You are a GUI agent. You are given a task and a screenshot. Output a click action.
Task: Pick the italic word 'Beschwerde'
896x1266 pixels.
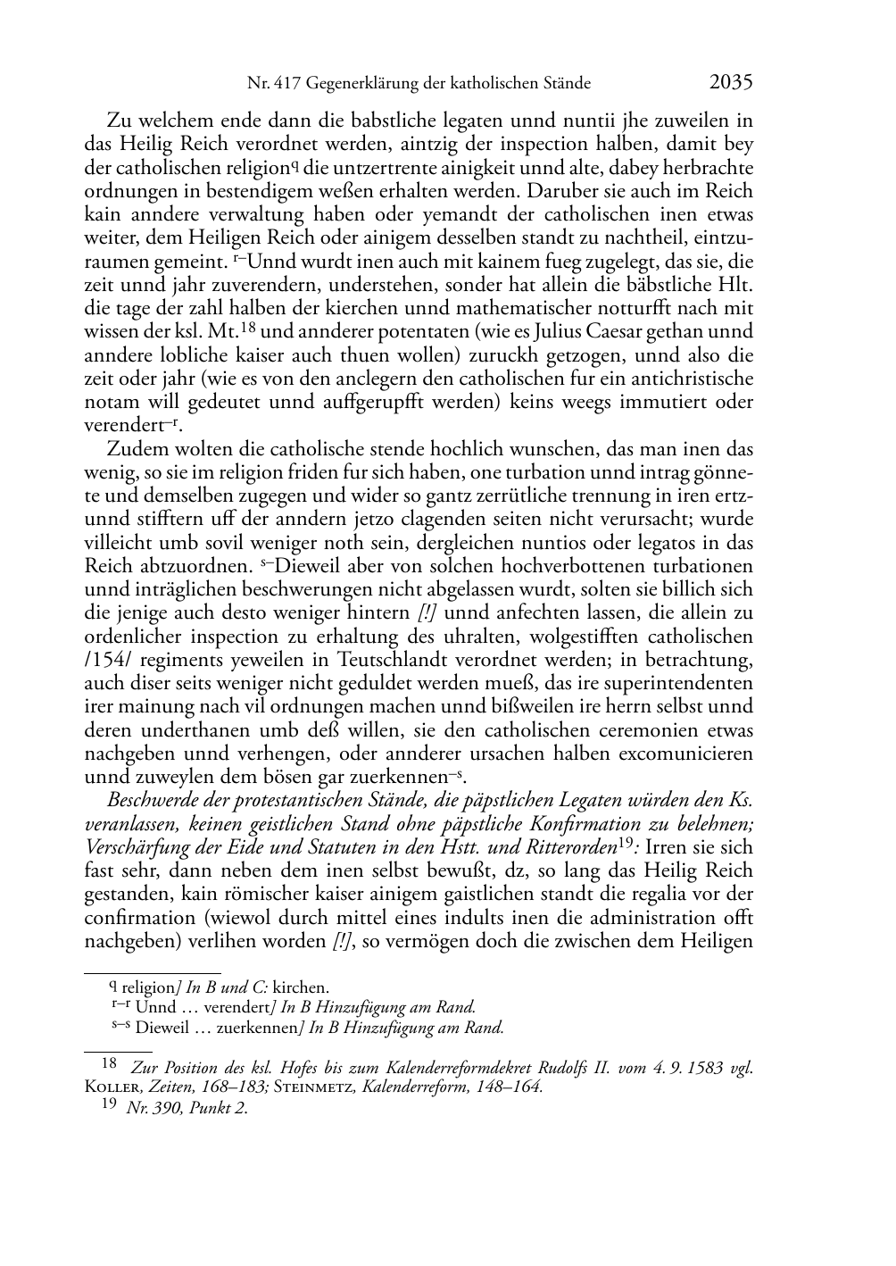point(148,800)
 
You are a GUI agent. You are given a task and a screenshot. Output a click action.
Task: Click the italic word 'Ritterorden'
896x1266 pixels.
point(568,847)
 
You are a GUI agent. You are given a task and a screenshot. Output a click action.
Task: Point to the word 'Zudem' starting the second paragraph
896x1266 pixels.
point(132,449)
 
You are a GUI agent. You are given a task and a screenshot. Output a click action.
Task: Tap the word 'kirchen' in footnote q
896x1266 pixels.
point(301,987)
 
